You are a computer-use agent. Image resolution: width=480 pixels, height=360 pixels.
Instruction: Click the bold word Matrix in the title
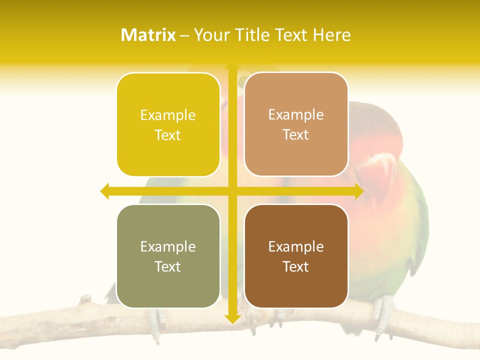tap(148, 35)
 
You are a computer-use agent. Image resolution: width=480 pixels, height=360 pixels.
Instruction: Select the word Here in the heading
tap(331, 35)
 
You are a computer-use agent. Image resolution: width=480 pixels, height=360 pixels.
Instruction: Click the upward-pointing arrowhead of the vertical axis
tap(232, 67)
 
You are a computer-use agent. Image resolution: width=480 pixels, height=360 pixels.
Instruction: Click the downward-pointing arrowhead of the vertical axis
tap(232, 318)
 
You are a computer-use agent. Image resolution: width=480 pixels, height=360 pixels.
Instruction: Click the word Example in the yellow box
tap(168, 115)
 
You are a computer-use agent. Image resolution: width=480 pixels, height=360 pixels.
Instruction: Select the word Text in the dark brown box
tap(296, 266)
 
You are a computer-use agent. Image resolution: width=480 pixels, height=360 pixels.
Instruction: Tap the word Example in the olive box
tap(168, 246)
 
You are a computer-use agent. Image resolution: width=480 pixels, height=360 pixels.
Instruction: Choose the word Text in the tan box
tap(296, 134)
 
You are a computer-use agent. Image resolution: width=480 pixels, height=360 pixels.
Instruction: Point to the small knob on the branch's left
tap(86, 299)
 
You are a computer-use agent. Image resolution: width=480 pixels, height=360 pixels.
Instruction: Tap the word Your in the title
tap(210, 35)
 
